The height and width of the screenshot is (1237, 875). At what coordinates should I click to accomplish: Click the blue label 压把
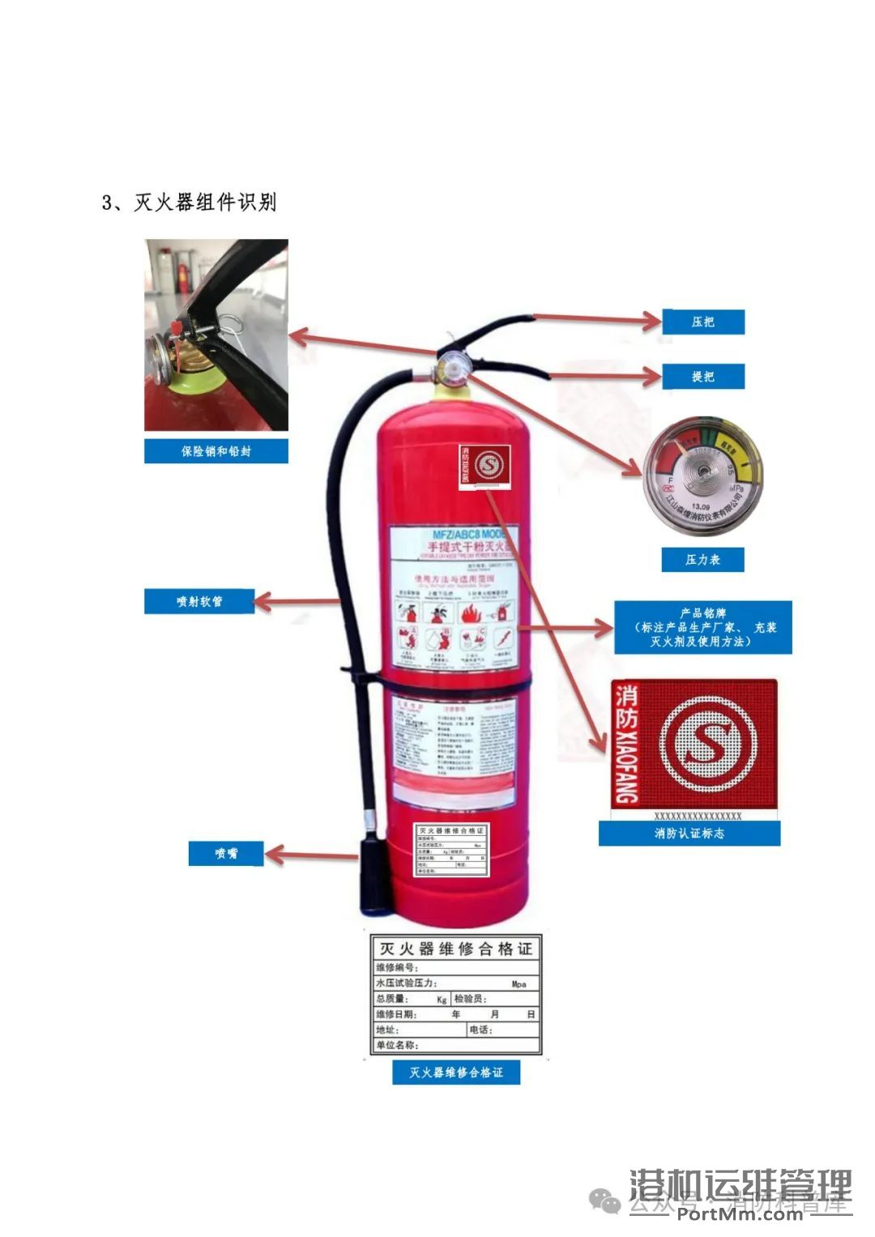tap(702, 322)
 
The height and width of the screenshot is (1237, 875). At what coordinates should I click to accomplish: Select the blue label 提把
tap(702, 377)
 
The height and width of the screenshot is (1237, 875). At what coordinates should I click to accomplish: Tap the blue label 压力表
tap(702, 560)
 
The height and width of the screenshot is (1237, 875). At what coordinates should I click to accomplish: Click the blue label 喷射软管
tap(199, 601)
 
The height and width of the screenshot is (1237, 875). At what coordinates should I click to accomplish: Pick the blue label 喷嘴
tap(226, 853)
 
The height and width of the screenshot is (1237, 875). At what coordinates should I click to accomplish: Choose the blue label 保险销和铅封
tap(216, 451)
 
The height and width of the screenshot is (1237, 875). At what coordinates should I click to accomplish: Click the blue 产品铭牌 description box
tap(702, 627)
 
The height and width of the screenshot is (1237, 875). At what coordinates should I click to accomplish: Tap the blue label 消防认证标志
tap(689, 834)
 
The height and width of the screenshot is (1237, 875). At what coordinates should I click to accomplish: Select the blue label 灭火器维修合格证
tap(455, 1072)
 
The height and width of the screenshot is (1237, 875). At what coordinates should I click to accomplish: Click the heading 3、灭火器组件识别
tap(189, 202)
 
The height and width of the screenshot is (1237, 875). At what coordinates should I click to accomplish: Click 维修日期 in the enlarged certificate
tap(396, 1014)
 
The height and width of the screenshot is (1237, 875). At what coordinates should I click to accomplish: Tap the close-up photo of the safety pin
tap(216, 335)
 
